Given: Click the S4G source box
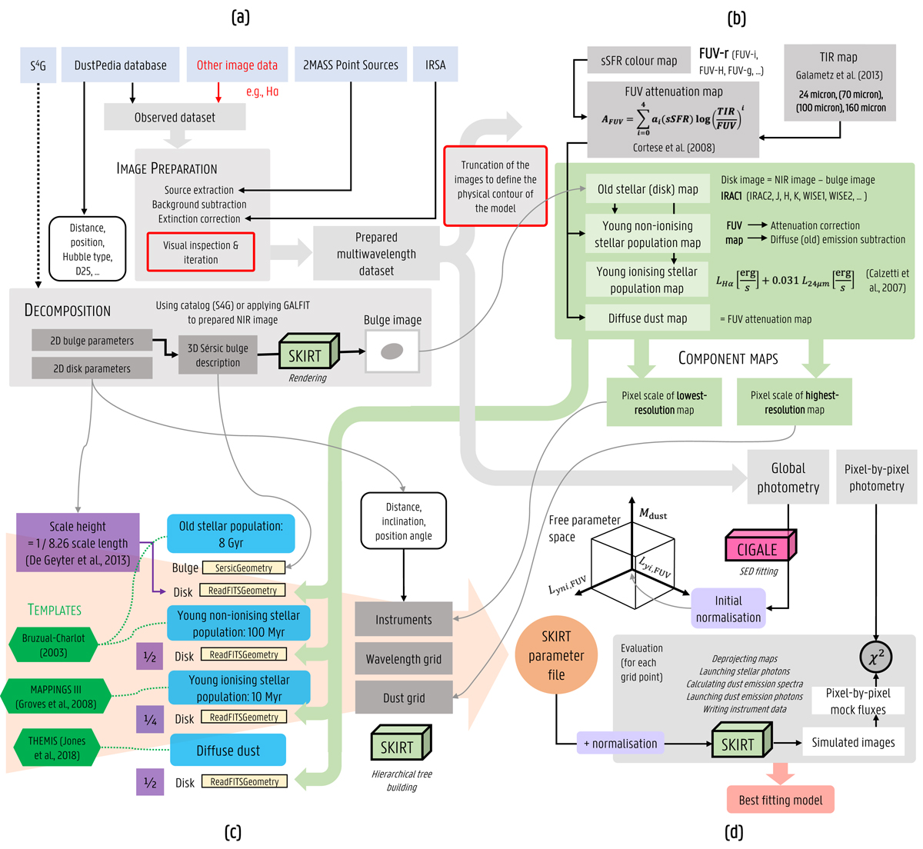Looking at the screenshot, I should tap(38, 65).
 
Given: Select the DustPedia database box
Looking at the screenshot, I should tap(120, 65).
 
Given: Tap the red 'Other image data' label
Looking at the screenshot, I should tap(237, 65).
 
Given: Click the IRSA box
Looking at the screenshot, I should tap(435, 65).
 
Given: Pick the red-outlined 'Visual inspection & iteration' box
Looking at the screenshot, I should tap(201, 252).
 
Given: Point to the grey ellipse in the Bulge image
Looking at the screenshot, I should tap(392, 351).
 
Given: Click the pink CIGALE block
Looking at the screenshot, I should tap(758, 549).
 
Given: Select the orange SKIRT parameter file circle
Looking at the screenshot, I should tap(556, 656).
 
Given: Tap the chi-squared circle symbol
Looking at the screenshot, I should tap(876, 658).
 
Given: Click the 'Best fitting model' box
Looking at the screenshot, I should tap(781, 800).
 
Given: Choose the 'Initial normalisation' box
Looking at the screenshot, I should tap(728, 608).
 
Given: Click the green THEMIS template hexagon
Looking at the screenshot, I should tap(58, 747).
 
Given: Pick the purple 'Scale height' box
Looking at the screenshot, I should tap(78, 543).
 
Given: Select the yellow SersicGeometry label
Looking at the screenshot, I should tap(244, 568).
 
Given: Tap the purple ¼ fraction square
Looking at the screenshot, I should tap(150, 719).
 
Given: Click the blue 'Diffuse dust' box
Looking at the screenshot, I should tap(228, 750).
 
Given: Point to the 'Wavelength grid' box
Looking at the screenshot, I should tap(404, 659).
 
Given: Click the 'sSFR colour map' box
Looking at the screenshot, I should tap(639, 61).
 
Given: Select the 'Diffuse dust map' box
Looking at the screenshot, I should tap(648, 318).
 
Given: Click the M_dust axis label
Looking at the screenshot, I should tap(654, 514).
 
